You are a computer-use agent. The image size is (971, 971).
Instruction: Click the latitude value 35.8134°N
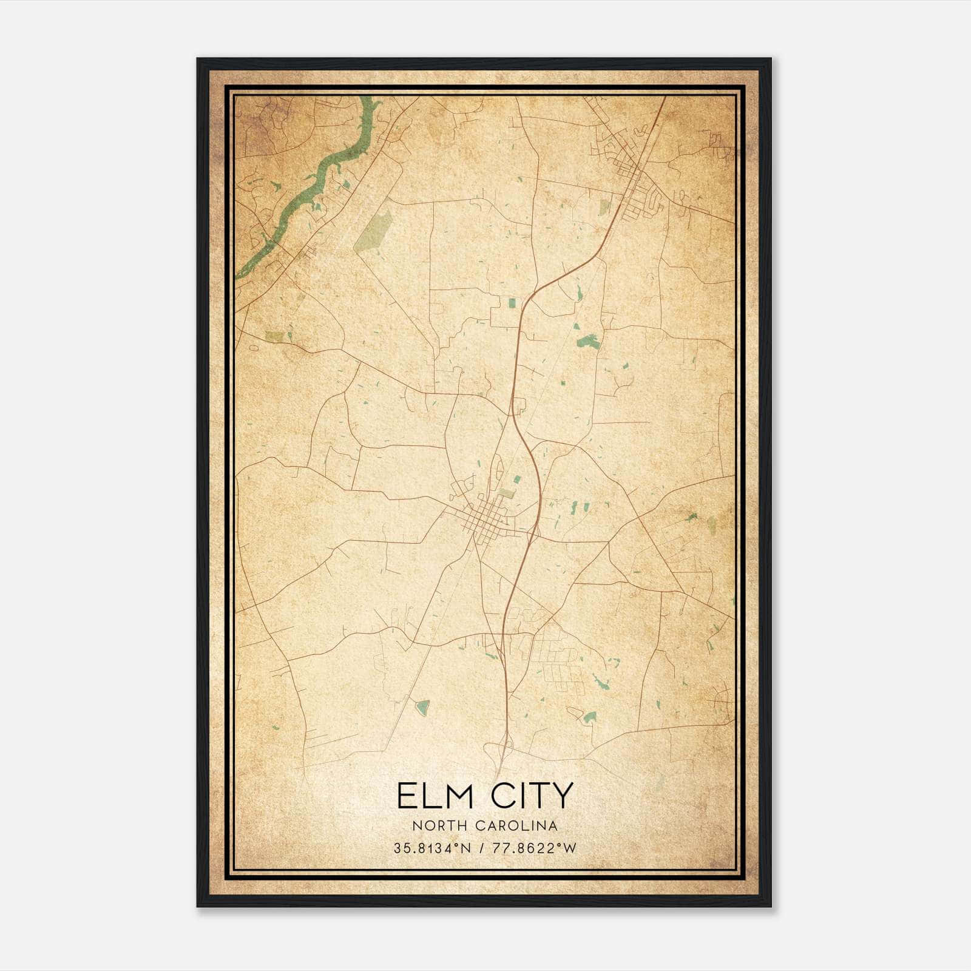[432, 848]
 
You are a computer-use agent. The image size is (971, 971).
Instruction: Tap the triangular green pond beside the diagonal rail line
[422, 706]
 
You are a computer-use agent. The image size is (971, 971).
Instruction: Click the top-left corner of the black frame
[198, 59]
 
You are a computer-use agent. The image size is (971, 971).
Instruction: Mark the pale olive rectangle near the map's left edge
[274, 336]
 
